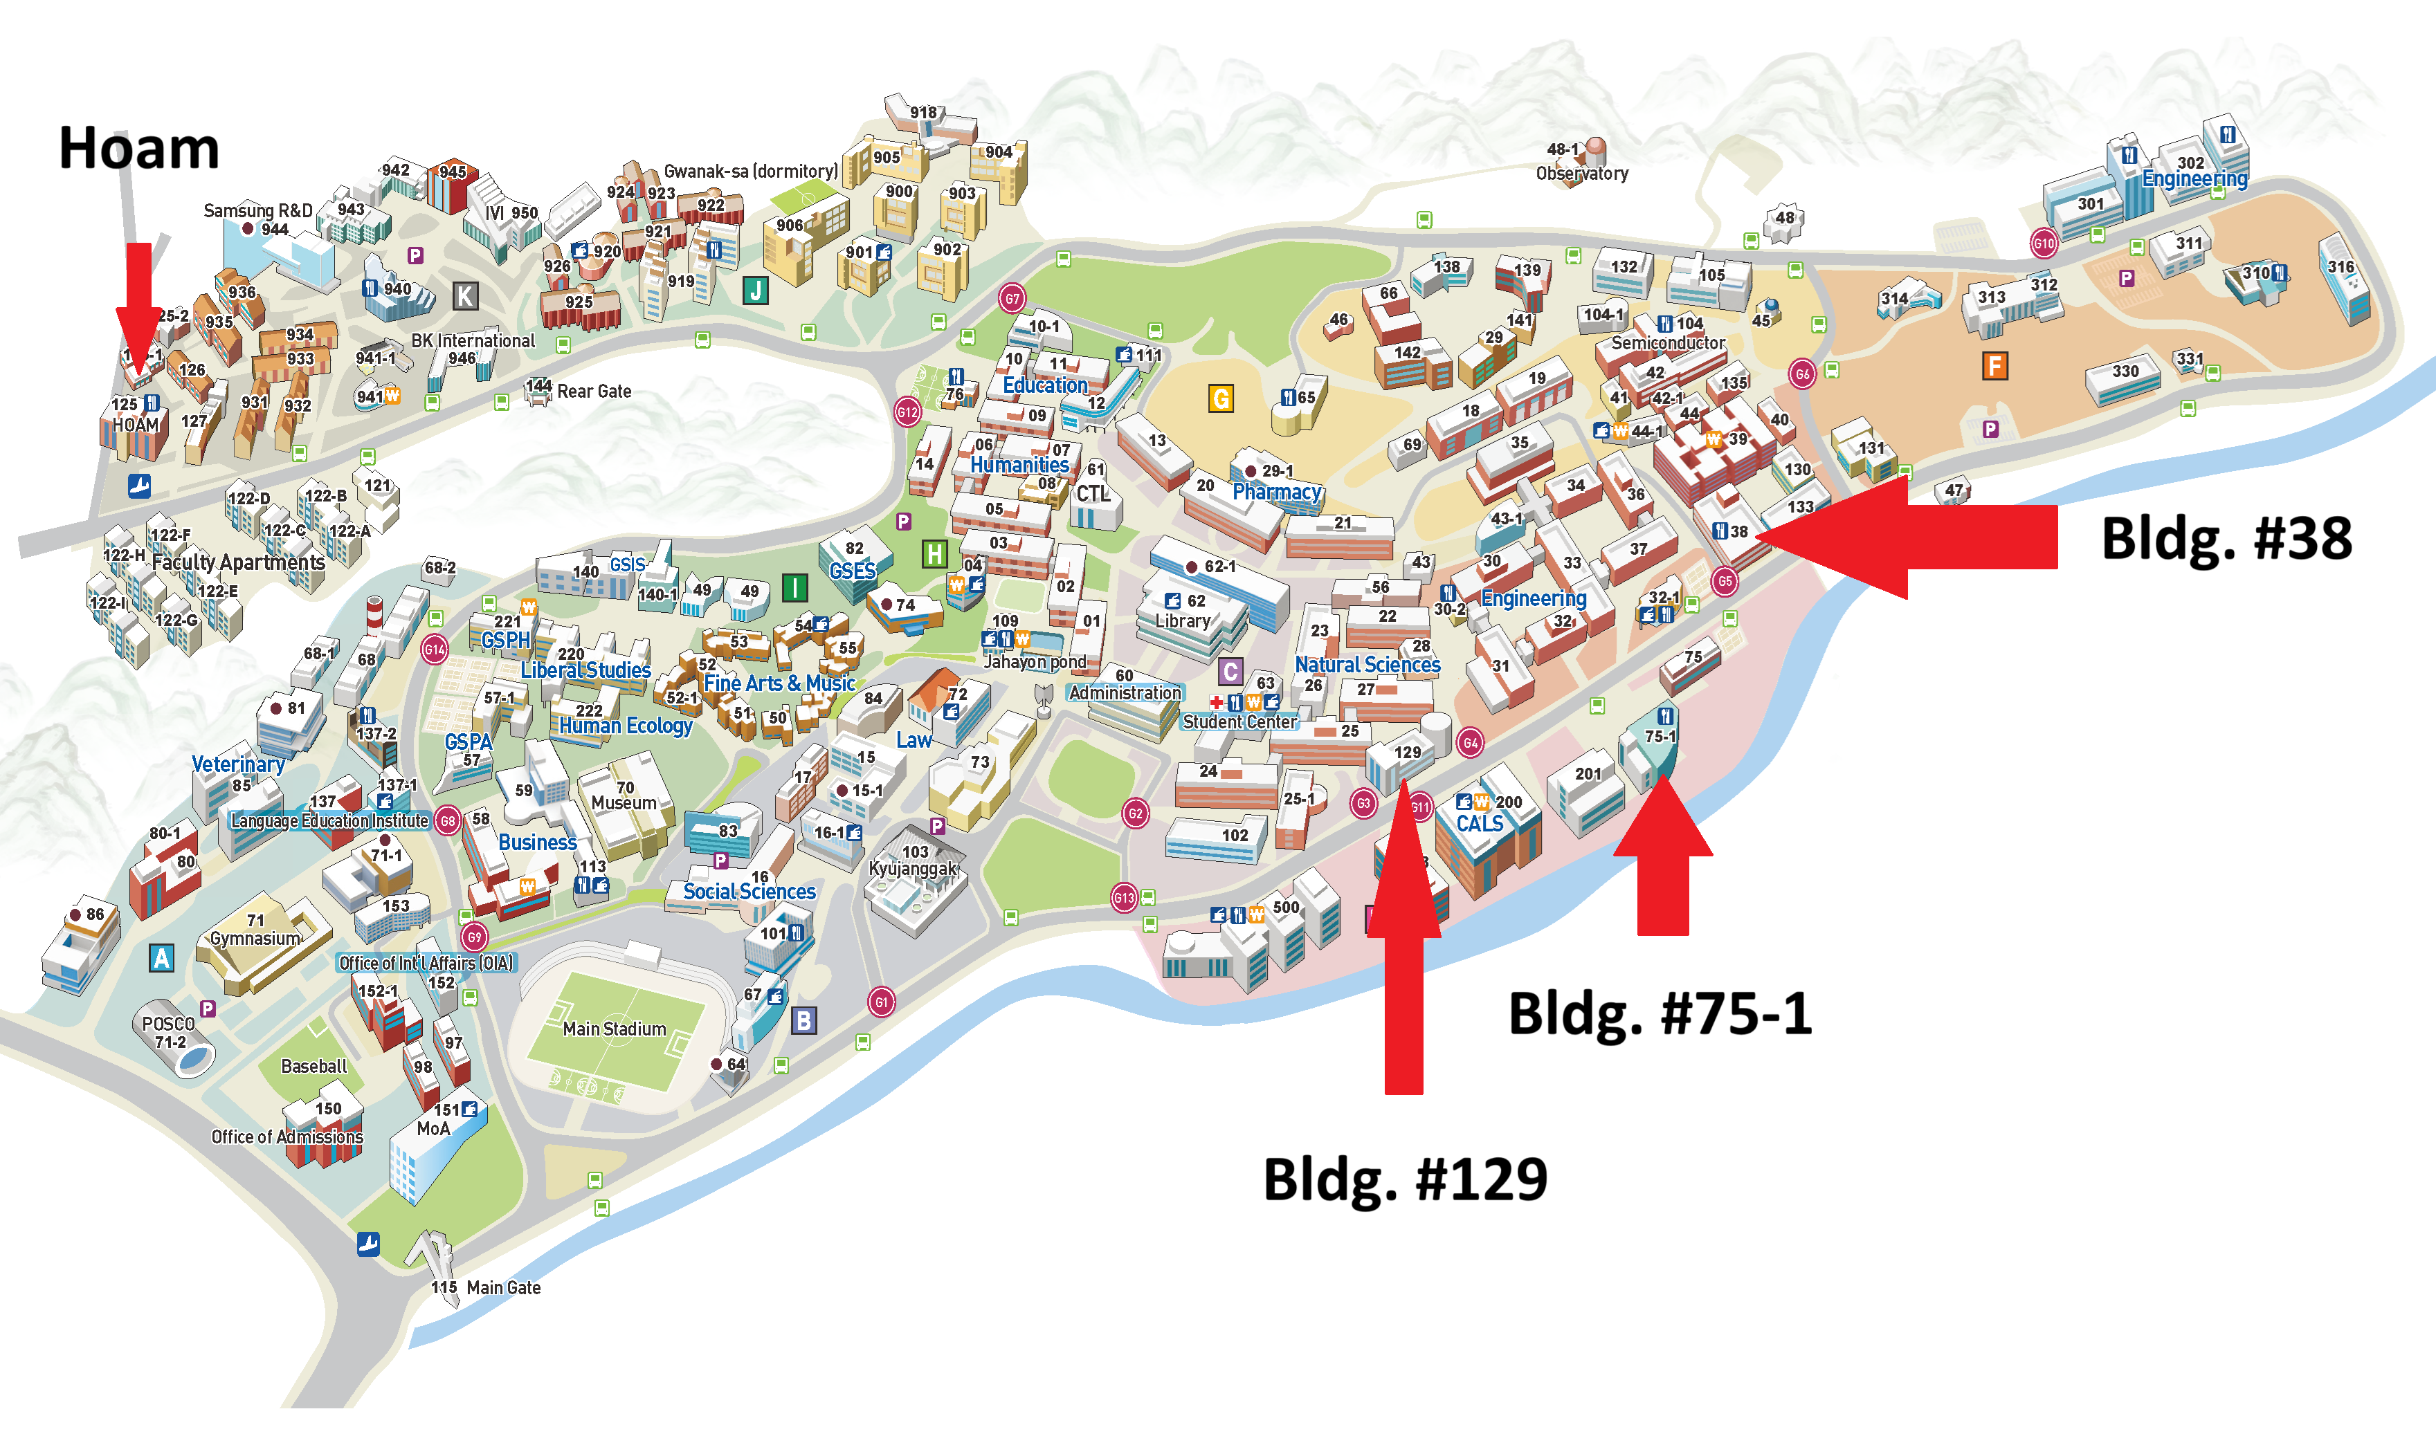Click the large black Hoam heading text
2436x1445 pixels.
(x=138, y=148)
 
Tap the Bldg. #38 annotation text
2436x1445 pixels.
(x=2226, y=538)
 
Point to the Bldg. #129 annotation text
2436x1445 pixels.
(x=1405, y=1179)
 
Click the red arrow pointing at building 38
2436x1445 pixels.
(x=1909, y=537)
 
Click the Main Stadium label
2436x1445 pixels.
(x=614, y=1029)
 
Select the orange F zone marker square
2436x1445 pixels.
(x=1994, y=366)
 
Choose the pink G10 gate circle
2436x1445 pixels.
(x=2042, y=243)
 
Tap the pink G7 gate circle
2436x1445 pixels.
(x=1011, y=298)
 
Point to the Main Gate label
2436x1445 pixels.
(x=502, y=1287)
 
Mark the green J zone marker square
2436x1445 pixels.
(x=755, y=289)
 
